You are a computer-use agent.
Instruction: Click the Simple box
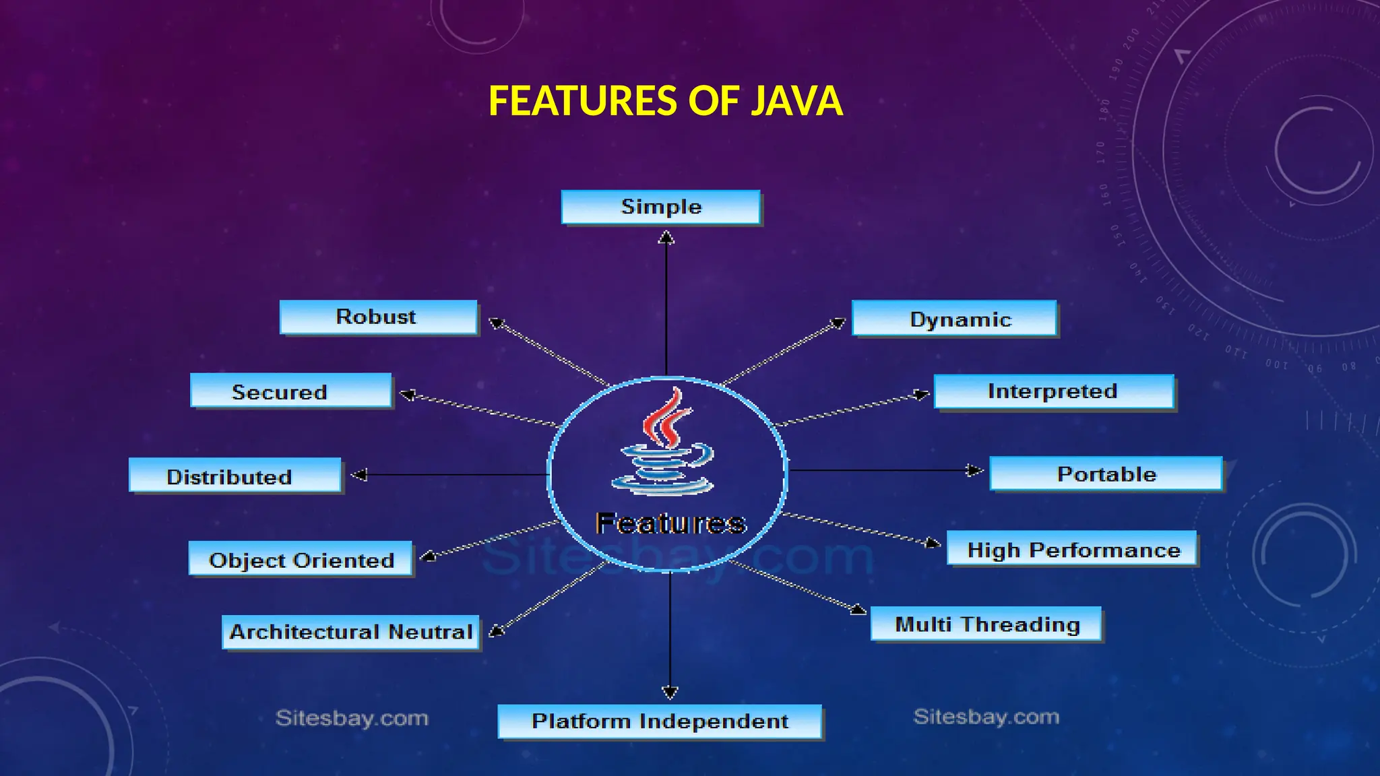coord(660,207)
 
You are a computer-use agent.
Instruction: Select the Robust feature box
coord(378,317)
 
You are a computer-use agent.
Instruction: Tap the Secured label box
coord(290,391)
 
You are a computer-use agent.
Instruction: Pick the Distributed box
coord(234,476)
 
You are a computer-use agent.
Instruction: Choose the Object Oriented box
coord(300,559)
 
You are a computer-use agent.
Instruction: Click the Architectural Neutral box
coord(350,632)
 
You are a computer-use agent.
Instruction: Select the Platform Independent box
coord(659,721)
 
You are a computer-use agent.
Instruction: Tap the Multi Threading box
coord(986,624)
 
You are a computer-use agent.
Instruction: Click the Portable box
coord(1105,474)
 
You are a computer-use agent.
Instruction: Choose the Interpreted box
coord(1053,391)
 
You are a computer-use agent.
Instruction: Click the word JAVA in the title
coord(796,101)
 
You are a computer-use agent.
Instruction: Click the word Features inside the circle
coord(670,523)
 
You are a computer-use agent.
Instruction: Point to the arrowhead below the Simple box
coord(666,237)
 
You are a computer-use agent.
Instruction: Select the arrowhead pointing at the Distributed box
coord(359,475)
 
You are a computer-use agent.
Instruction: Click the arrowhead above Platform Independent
coord(670,692)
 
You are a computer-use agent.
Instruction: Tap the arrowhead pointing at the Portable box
coord(974,470)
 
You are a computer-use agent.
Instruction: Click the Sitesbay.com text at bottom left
coord(352,718)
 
